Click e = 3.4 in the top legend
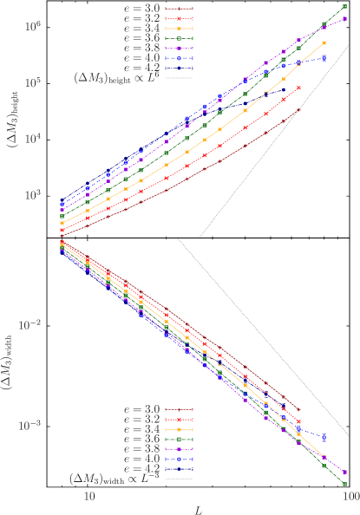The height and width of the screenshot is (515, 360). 143,27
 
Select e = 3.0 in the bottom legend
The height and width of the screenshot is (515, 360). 142,409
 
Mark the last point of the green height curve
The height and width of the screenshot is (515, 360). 345,8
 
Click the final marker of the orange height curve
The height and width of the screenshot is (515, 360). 324,42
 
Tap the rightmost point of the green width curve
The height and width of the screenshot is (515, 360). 345,484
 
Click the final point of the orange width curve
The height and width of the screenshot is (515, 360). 324,460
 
